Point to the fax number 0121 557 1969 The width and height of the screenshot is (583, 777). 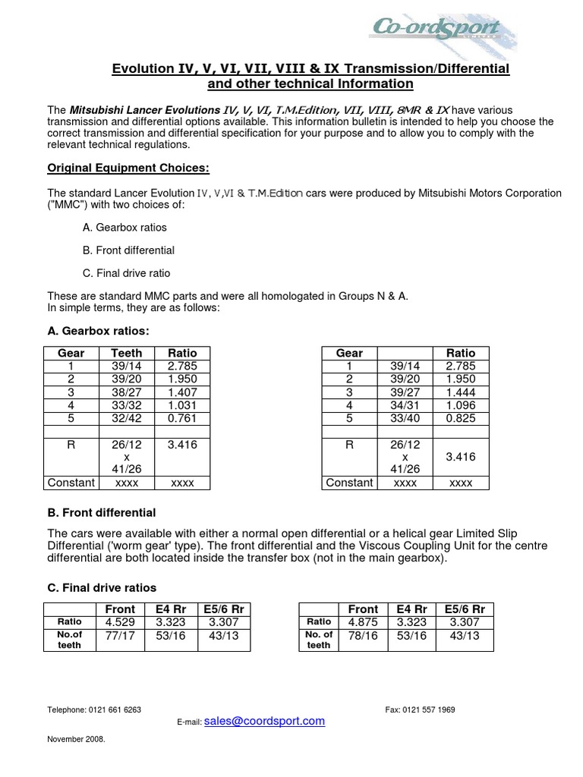point(420,709)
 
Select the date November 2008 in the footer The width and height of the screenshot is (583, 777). point(76,738)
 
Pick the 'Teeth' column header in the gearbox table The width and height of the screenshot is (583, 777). point(126,353)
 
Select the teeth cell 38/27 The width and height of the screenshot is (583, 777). point(126,392)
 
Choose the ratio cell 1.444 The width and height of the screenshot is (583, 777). point(461,392)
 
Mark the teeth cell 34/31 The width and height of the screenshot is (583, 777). point(405,405)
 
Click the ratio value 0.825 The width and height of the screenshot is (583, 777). point(461,418)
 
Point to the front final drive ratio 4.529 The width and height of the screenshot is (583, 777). point(120,622)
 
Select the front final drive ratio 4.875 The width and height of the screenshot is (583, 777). point(363,622)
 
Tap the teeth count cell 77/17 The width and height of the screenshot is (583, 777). point(120,636)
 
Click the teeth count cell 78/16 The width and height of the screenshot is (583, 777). point(363,636)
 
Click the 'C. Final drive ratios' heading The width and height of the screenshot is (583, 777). point(102,587)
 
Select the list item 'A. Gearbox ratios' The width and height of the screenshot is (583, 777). point(124,228)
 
